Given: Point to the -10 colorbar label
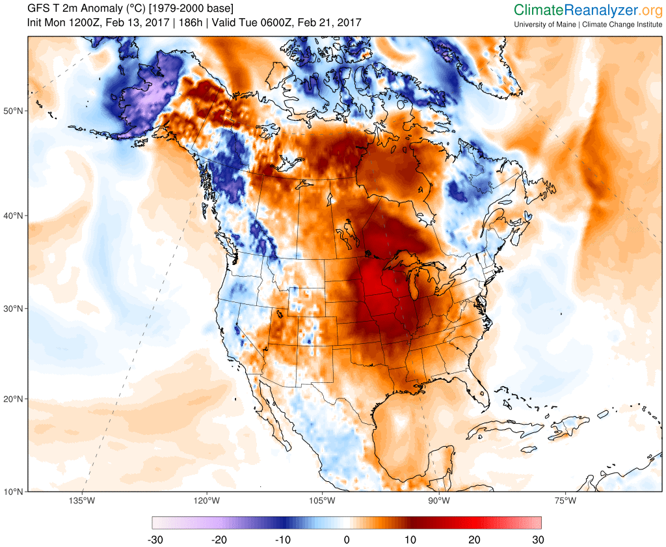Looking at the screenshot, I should pyautogui.click(x=284, y=539).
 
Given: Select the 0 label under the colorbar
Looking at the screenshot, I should pyautogui.click(x=347, y=539).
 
